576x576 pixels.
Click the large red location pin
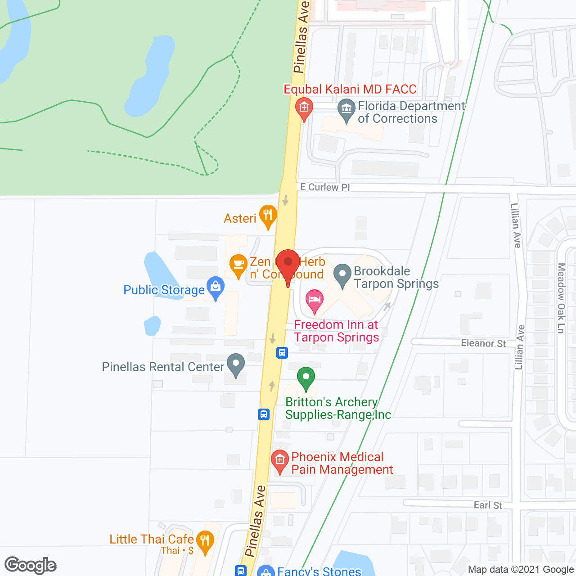[x=288, y=263]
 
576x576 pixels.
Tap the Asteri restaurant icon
[x=268, y=215]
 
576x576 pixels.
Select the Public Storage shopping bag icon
[x=216, y=287]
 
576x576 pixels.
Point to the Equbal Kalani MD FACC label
[x=350, y=89]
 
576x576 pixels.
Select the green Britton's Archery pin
[x=306, y=377]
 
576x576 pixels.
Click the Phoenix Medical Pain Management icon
[x=280, y=460]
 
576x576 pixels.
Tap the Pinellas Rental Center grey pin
[x=235, y=364]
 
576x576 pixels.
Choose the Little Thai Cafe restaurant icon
[x=205, y=541]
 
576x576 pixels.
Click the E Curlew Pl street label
[x=325, y=187]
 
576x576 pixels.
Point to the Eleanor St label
[x=483, y=343]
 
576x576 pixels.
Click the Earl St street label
[x=488, y=505]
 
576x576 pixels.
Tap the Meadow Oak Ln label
[x=561, y=298]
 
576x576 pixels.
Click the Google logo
[x=31, y=565]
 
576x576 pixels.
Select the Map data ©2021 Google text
[x=521, y=570]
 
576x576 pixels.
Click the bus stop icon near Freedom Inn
[x=282, y=352]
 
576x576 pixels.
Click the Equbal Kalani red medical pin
[x=304, y=108]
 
